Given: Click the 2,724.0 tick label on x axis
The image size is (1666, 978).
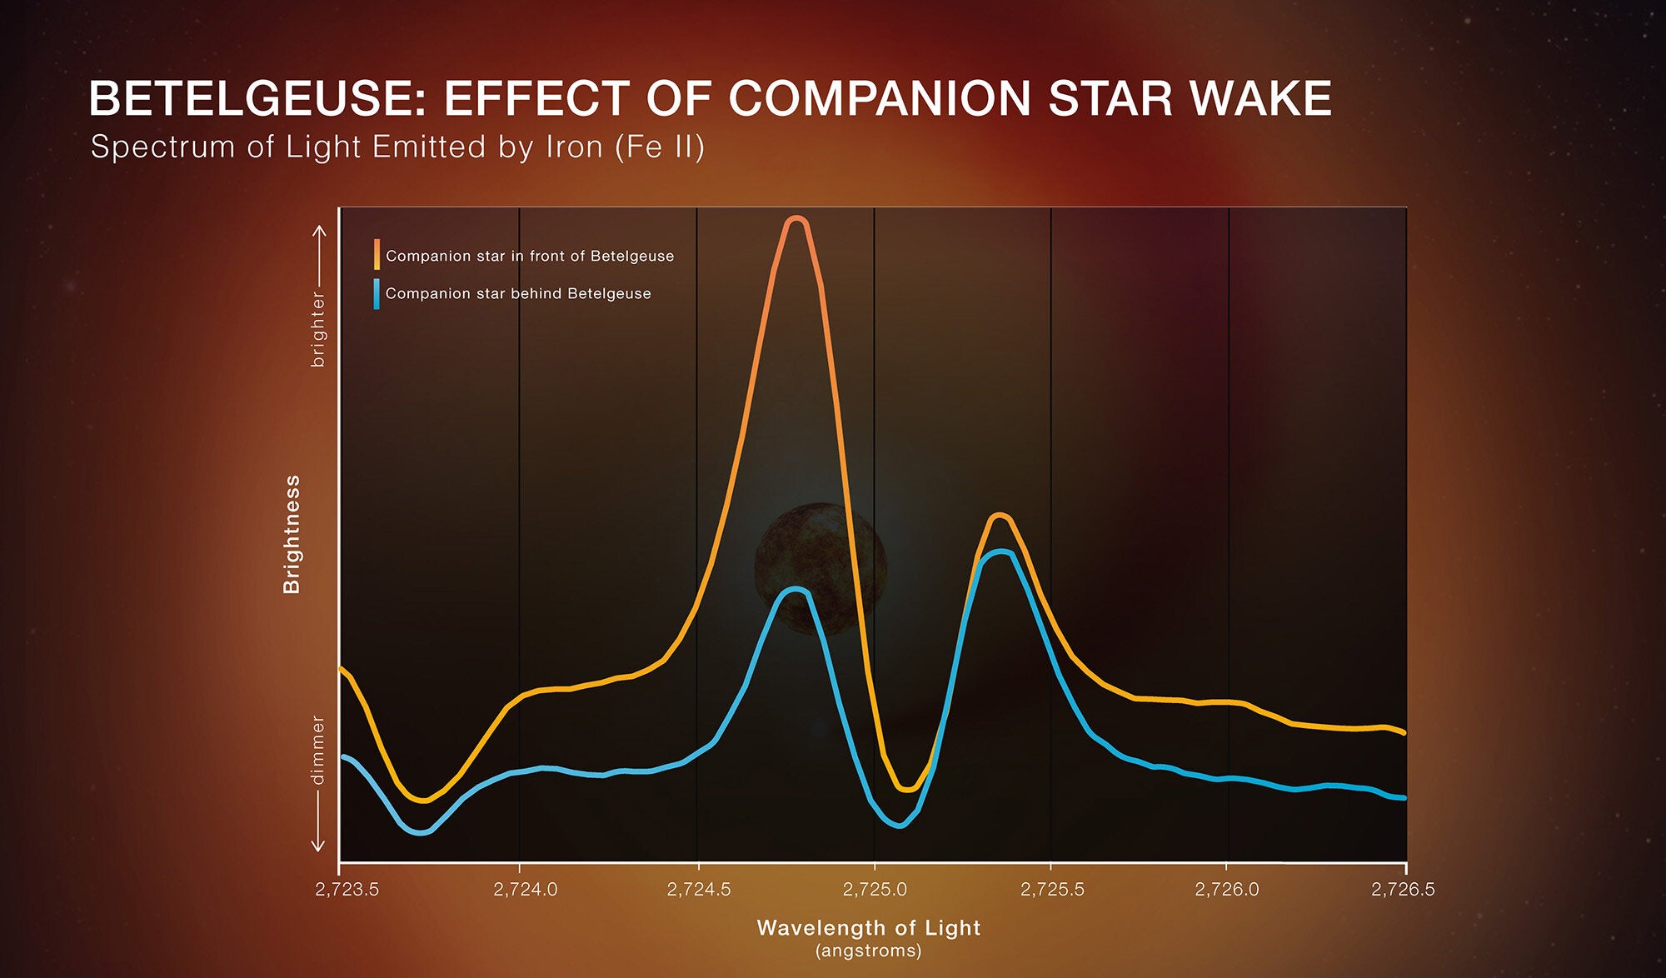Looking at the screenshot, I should click(525, 889).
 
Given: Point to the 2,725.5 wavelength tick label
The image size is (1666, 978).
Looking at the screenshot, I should click(1052, 889).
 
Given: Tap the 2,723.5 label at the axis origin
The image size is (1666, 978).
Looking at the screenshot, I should click(347, 889).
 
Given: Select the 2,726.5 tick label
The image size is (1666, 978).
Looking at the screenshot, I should click(1403, 889).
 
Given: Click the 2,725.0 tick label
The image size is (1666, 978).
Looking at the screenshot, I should click(875, 889).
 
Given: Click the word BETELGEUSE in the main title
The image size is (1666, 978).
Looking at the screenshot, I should click(257, 99).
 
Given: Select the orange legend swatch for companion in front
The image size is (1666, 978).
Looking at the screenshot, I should click(377, 254).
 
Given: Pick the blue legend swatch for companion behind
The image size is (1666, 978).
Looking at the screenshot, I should click(377, 293).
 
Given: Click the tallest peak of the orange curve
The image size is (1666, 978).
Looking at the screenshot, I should click(796, 219).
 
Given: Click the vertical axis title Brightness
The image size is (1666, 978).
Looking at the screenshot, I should click(292, 534).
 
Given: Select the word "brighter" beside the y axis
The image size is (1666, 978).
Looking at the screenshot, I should click(317, 328).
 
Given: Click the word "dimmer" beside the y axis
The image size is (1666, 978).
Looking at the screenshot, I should click(317, 749).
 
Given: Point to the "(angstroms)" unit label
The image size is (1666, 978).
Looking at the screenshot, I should click(868, 951).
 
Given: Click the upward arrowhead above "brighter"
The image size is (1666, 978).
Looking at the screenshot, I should click(318, 229).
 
